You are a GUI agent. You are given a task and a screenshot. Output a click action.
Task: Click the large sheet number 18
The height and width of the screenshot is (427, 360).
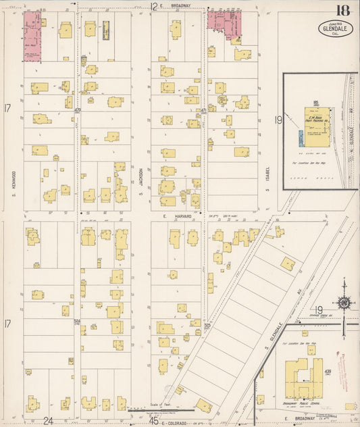(343, 11)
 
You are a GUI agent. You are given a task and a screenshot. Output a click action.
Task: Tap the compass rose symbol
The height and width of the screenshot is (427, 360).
(344, 303)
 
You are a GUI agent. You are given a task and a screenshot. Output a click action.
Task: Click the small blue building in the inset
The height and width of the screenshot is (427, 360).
(301, 138)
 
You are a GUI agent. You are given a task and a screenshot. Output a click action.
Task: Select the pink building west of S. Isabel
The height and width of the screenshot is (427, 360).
(224, 24)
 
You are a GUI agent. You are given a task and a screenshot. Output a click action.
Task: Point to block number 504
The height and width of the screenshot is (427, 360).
(78, 322)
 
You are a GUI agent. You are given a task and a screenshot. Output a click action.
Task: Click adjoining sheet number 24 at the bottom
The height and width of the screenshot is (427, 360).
(48, 420)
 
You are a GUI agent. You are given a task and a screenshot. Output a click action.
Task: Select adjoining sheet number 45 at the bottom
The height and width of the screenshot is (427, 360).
(154, 420)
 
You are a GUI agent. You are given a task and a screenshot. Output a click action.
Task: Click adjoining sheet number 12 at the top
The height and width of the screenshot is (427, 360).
(154, 7)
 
